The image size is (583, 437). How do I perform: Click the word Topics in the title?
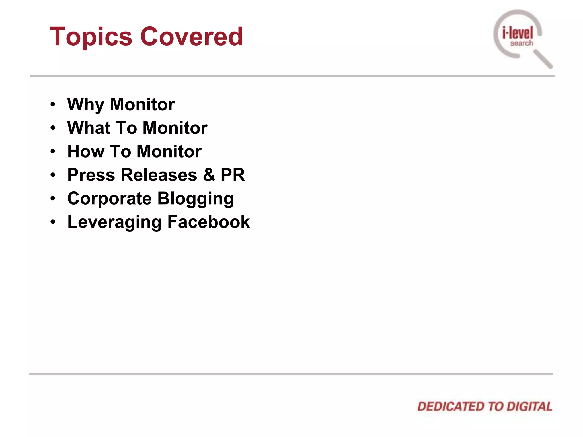coord(91,37)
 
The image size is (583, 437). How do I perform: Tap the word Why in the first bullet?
coord(85,105)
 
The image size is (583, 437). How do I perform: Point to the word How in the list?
coord(85,151)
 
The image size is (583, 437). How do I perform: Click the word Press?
coord(91,175)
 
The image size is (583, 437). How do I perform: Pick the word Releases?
coord(159,175)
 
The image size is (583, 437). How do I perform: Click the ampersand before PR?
coord(209,175)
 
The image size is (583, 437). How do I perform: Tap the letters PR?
coord(233,175)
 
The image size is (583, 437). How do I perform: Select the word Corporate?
coord(109,199)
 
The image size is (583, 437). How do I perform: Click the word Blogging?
coord(196,199)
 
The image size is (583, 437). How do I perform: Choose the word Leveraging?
coord(114,222)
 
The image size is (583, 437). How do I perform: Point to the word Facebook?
coord(208,222)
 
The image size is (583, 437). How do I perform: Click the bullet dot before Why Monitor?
coord(53,105)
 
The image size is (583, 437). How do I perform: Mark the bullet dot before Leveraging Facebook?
coord(53,222)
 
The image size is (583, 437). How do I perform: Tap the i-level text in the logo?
coord(518,33)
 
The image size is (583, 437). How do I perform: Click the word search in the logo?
coord(522,43)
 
